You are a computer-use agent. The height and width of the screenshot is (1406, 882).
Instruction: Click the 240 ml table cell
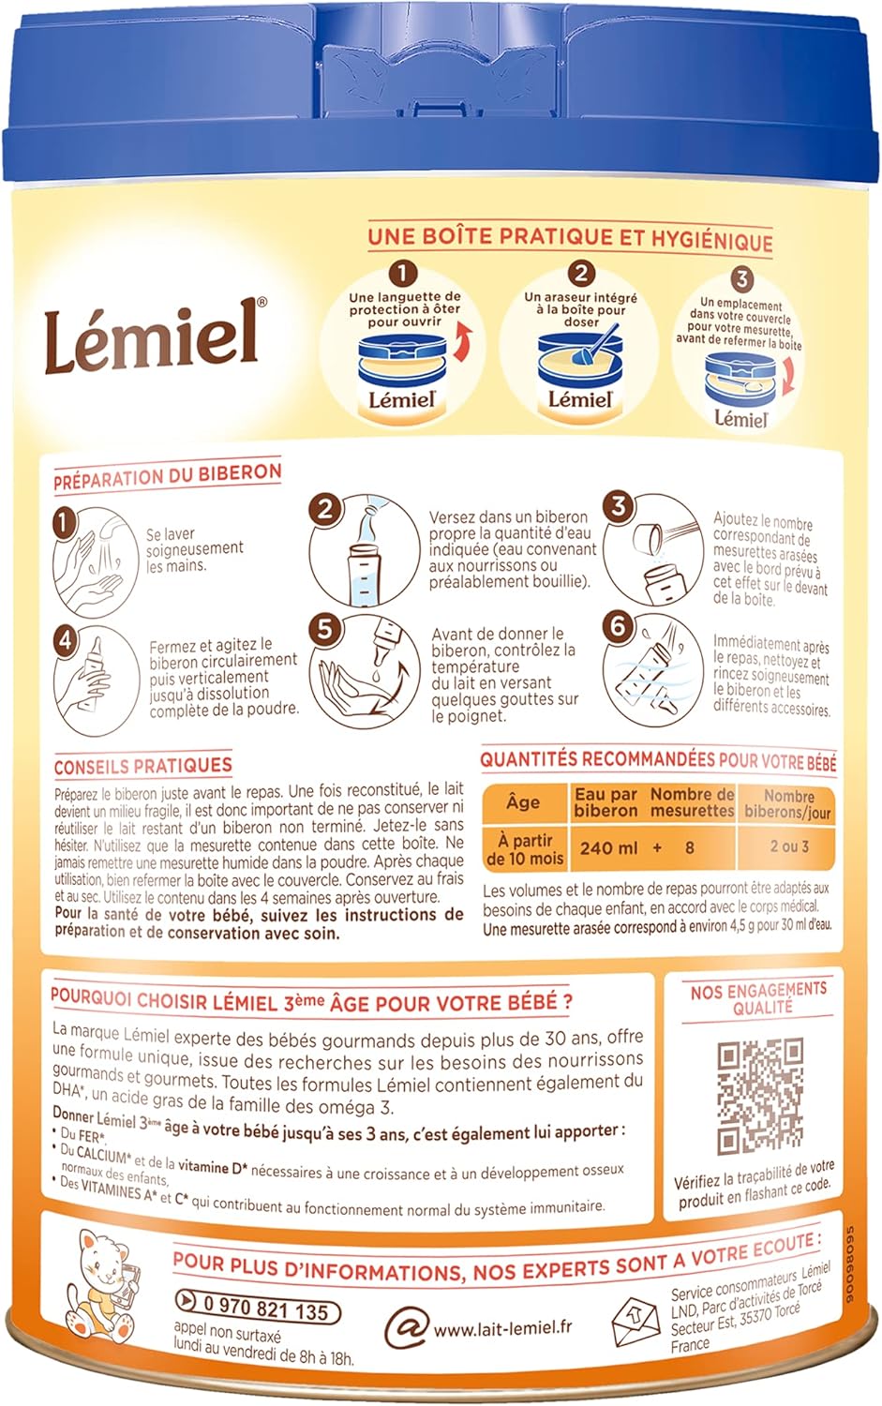coord(607,847)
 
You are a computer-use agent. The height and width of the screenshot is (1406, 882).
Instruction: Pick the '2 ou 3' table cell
coord(788,845)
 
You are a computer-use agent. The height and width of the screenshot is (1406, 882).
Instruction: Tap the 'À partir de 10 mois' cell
coord(525,848)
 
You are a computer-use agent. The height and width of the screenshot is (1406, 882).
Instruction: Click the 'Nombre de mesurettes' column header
coord(692,802)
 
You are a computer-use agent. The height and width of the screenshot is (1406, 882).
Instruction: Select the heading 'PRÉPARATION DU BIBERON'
coord(167,475)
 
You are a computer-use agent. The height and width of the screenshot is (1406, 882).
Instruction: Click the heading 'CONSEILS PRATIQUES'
coord(142,766)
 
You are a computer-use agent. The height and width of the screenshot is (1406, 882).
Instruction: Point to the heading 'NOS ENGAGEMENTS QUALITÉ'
coord(759,998)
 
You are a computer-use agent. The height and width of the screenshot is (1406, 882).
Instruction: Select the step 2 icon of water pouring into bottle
coord(366,552)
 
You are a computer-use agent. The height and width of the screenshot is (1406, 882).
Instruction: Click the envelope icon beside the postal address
coord(636,1321)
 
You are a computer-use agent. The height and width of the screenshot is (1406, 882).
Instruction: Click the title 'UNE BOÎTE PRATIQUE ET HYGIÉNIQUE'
coord(570,237)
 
